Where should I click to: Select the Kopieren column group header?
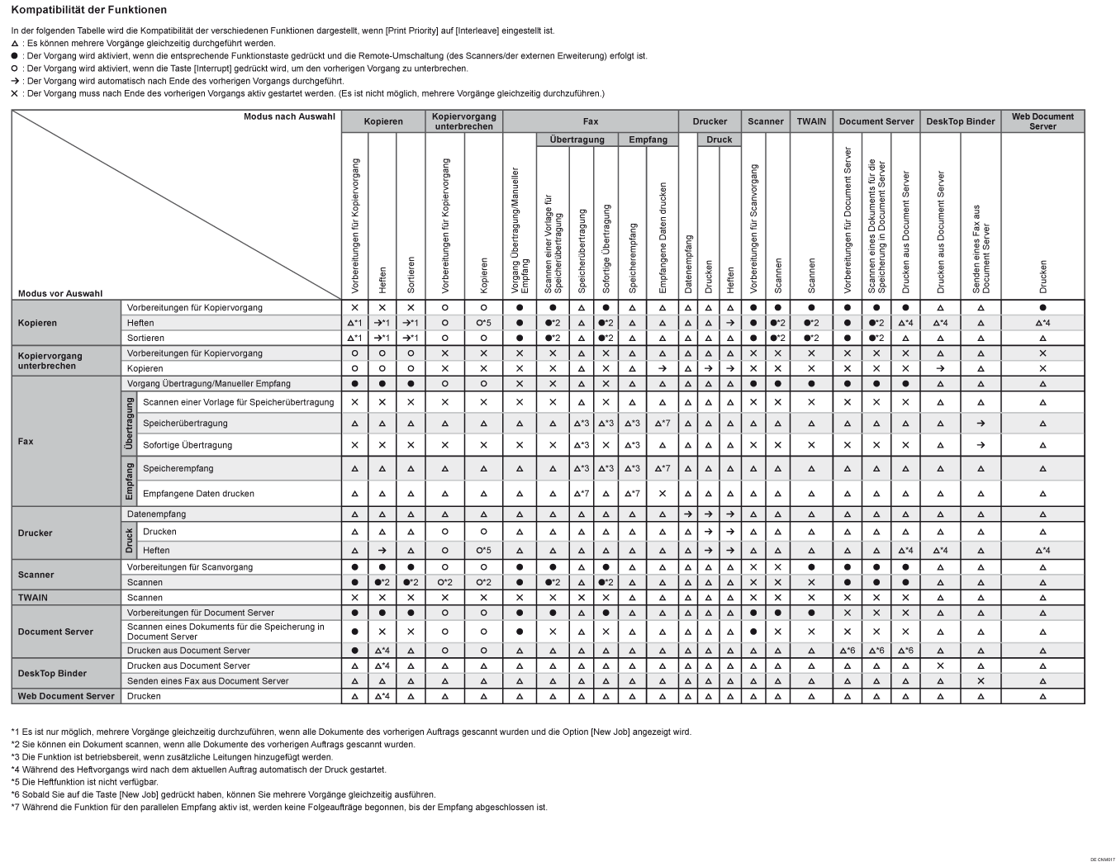[383, 121]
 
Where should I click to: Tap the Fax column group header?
[590, 121]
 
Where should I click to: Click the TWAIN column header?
[811, 121]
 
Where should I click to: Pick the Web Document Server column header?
[1042, 121]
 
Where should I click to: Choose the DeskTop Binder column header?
[960, 121]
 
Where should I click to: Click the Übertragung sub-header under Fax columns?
[577, 140]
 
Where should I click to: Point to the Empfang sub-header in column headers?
[648, 140]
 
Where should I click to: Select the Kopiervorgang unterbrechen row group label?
[50, 361]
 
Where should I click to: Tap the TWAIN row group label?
[33, 598]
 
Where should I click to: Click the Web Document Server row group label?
[66, 696]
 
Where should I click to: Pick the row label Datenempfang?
[156, 514]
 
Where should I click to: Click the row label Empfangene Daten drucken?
[198, 494]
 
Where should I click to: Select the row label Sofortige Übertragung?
[188, 445]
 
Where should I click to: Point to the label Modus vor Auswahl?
[60, 293]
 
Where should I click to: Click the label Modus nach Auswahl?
[289, 116]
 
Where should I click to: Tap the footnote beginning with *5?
[84, 782]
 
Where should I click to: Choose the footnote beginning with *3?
[172, 757]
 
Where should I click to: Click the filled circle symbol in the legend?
[15, 56]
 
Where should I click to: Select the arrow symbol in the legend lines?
[15, 81]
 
